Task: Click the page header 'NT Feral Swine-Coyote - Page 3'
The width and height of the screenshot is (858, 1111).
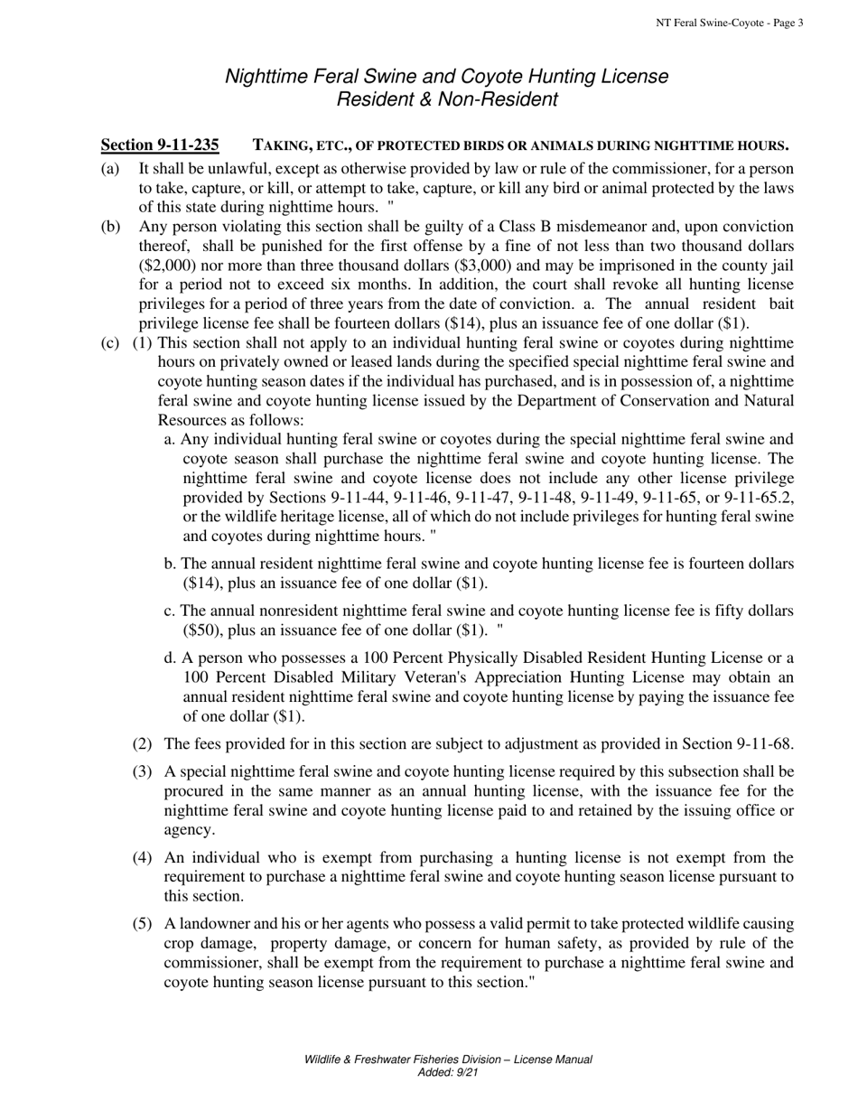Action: coord(729,23)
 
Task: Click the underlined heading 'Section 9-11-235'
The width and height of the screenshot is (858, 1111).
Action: coord(160,145)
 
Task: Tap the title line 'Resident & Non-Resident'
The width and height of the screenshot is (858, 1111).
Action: coord(446,99)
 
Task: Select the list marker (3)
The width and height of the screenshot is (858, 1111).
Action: coord(142,772)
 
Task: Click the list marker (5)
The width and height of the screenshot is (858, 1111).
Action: coord(142,924)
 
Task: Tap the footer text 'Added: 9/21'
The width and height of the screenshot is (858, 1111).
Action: coord(447,1073)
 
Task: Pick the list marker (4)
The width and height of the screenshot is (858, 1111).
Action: coord(142,858)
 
